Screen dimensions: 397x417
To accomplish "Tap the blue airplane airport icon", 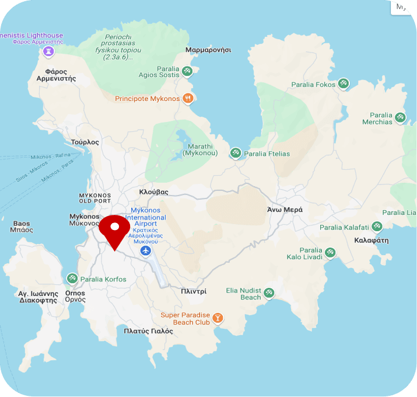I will click(x=146, y=251).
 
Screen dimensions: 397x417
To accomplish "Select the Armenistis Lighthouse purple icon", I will click(x=48, y=52).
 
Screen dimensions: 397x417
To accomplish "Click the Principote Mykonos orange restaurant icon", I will click(x=188, y=99).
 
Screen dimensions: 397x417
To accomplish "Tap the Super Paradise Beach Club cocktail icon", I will click(x=218, y=318).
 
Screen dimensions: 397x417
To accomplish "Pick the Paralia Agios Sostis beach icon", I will click(x=187, y=71).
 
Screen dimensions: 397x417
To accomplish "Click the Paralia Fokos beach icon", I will click(x=344, y=85).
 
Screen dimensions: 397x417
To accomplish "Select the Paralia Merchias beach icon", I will click(x=400, y=117).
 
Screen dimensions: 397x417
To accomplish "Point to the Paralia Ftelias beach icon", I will click(x=236, y=154).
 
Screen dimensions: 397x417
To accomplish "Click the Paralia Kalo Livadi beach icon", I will click(x=331, y=252).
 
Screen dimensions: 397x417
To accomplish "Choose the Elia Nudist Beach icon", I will click(x=269, y=292).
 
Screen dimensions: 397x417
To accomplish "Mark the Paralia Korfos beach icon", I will click(x=72, y=279).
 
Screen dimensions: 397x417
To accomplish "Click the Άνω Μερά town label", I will click(x=285, y=210).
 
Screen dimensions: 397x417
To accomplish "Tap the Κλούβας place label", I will click(x=154, y=191).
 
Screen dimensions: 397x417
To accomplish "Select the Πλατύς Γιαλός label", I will click(x=149, y=331).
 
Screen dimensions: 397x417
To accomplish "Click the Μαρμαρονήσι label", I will click(x=208, y=50).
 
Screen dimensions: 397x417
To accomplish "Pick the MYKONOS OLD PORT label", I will click(x=94, y=198).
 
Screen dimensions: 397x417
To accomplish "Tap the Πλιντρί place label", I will click(x=194, y=291).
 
